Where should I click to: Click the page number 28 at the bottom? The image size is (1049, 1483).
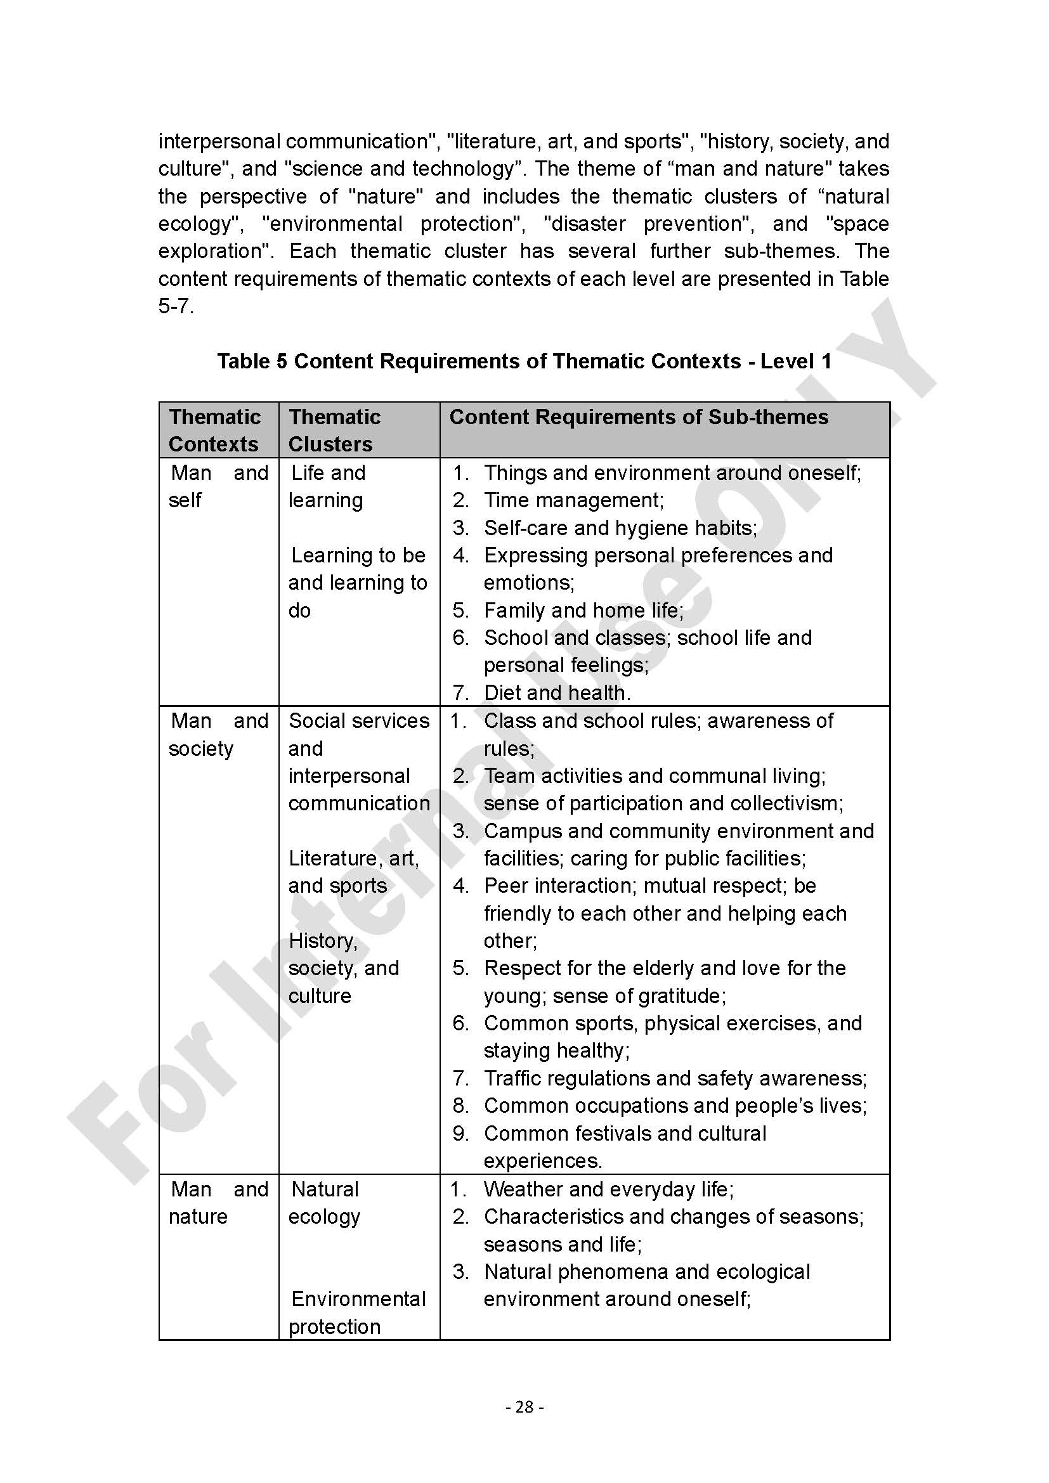coord(524,1406)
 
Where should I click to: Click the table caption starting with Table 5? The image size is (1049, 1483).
coord(524,361)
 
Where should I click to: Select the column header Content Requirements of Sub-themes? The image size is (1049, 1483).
coord(638,417)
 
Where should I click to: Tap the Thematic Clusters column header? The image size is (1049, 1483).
coord(334,430)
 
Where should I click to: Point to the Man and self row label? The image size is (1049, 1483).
coord(218,486)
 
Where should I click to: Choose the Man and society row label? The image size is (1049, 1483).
coord(218,734)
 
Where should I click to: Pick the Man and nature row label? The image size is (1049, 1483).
coord(218,1203)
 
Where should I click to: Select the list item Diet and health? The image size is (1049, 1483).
coord(557,693)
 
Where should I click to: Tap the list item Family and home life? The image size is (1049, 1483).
coord(583,611)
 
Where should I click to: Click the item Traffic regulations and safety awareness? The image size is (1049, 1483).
coord(674,1078)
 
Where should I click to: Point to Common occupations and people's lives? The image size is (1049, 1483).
coord(674,1106)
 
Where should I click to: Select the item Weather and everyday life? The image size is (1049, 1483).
coord(608,1189)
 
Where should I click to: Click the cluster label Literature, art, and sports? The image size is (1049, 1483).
coord(353,872)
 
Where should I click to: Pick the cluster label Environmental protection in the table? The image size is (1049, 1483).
coord(357,1312)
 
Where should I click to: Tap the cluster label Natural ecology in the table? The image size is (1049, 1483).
coord(325,1203)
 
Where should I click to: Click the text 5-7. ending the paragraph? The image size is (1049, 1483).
coord(176,306)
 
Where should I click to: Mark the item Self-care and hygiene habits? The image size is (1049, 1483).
coord(620,528)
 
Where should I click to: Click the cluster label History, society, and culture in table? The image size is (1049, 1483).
coord(344,968)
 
